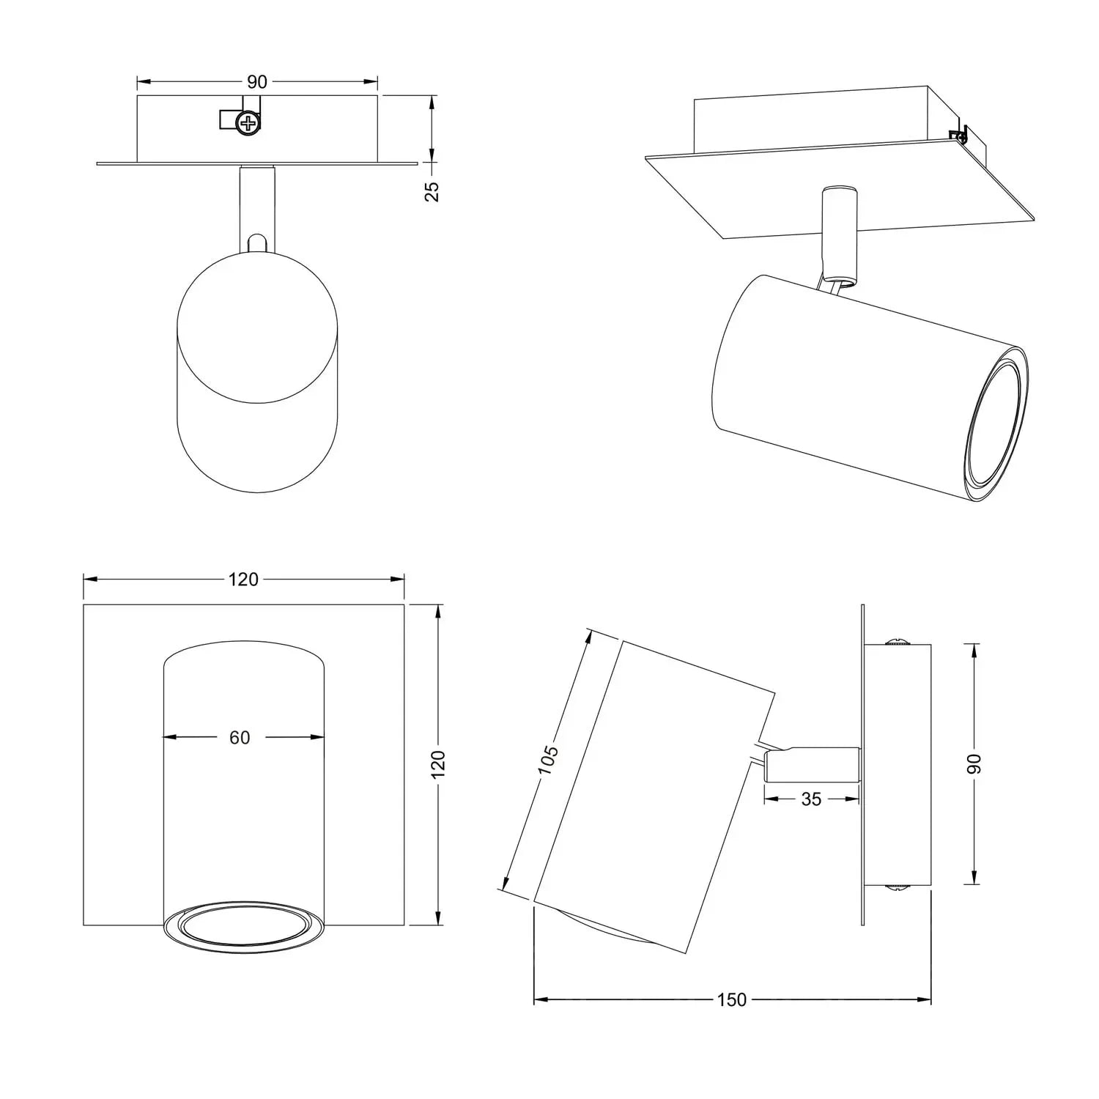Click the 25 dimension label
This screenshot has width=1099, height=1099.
click(x=432, y=190)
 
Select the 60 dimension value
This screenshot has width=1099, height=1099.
click(x=240, y=738)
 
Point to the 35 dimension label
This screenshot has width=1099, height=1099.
click(x=811, y=799)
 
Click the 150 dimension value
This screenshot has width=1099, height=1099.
click(x=731, y=999)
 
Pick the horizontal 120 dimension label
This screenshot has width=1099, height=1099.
click(x=243, y=580)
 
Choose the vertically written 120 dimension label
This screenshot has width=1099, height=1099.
click(x=438, y=763)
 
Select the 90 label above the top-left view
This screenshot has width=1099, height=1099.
click(x=257, y=82)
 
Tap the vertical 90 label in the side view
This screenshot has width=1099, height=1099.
click(x=972, y=763)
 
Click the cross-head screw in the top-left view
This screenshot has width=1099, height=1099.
click(x=249, y=122)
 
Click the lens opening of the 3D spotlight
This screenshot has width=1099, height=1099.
click(x=995, y=434)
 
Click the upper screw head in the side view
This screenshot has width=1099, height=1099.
click(x=897, y=643)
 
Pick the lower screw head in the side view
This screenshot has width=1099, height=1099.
click(x=897, y=887)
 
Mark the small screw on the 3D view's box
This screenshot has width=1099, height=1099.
click(x=958, y=134)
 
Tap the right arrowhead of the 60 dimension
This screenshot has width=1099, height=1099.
click(x=319, y=738)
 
